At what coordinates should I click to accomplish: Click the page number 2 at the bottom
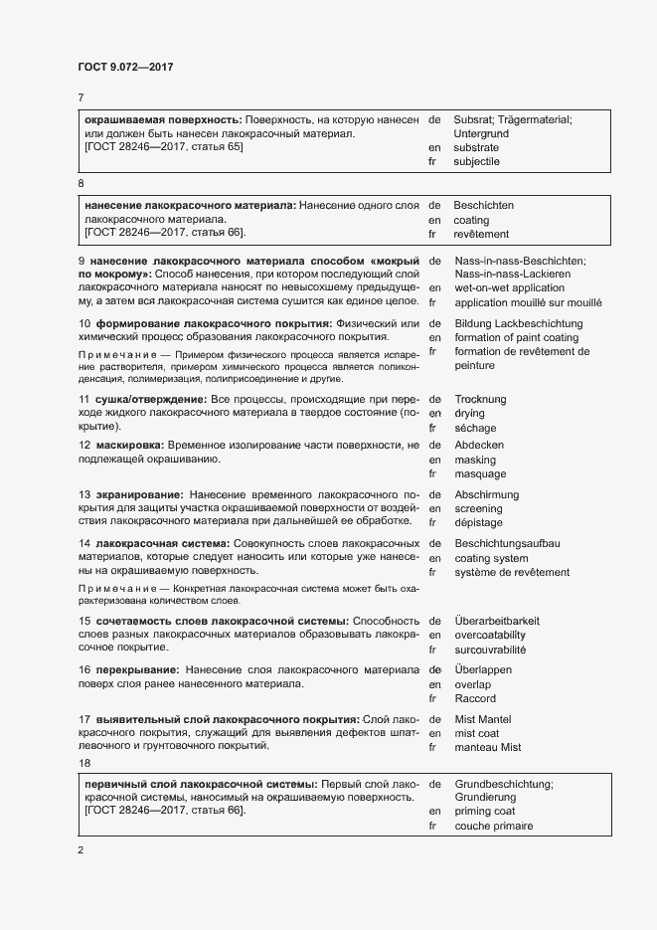(80, 850)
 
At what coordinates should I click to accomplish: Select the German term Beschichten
(483, 205)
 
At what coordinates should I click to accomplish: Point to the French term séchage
(475, 428)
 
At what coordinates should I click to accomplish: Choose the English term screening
(478, 508)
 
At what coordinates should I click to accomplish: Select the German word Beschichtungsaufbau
(507, 543)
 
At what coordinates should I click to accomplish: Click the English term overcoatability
(490, 635)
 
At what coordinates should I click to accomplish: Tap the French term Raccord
(474, 698)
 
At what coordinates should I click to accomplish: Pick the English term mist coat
(478, 733)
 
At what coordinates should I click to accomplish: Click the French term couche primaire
(493, 826)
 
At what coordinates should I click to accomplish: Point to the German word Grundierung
(486, 797)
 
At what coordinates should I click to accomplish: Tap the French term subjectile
(476, 161)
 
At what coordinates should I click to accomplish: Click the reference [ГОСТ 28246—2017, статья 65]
(164, 146)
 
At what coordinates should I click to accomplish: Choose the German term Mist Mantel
(482, 718)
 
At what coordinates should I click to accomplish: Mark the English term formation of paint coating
(516, 337)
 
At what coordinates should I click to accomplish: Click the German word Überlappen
(483, 669)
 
